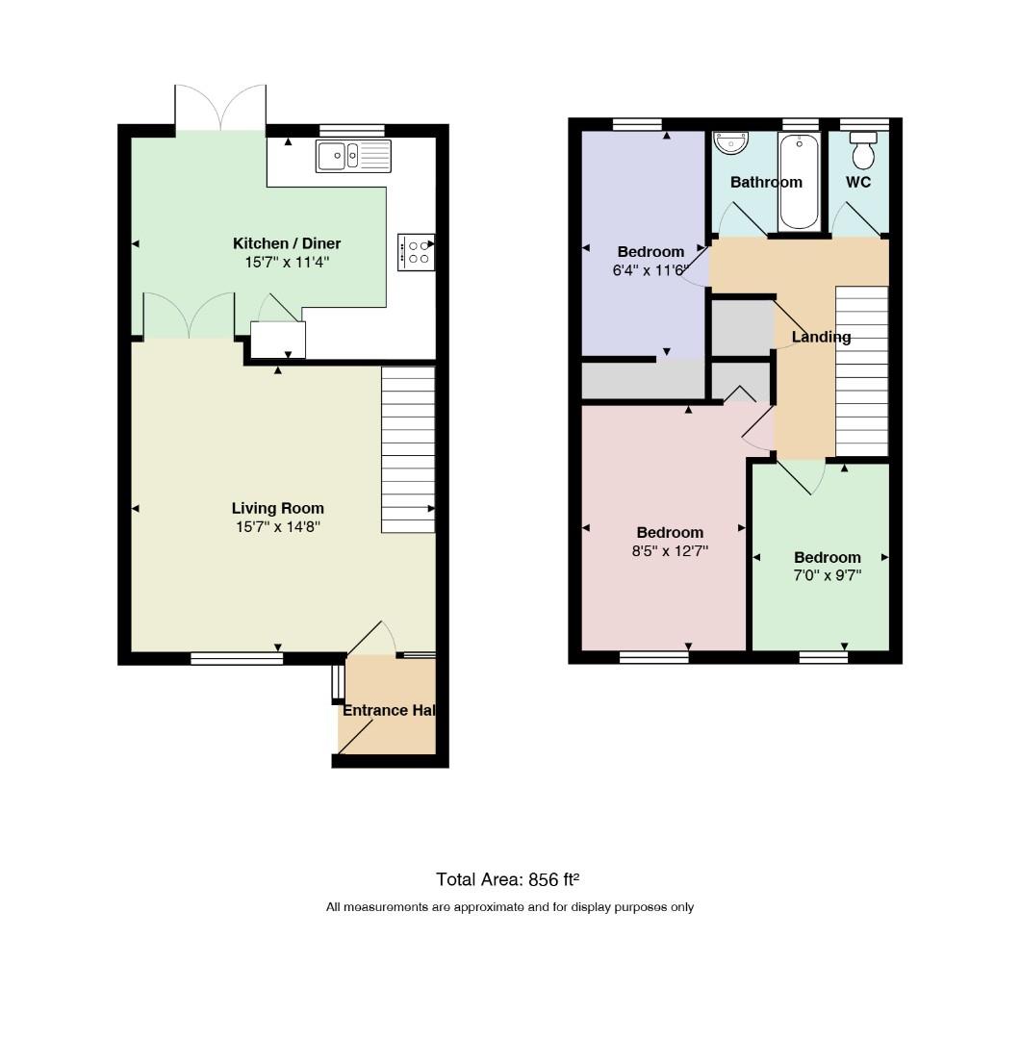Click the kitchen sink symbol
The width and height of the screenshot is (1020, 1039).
pyautogui.click(x=353, y=157)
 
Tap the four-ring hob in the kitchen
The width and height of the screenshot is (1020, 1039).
pyautogui.click(x=417, y=252)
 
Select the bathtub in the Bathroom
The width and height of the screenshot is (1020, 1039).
pyautogui.click(x=800, y=181)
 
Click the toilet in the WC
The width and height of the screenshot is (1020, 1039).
pyautogui.click(x=863, y=150)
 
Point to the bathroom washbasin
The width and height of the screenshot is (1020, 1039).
pyautogui.click(x=730, y=141)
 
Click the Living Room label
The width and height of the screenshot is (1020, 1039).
pyautogui.click(x=278, y=508)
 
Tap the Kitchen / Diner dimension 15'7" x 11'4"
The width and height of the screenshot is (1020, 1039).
pyautogui.click(x=287, y=262)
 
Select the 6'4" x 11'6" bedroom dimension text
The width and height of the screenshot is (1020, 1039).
pyautogui.click(x=650, y=270)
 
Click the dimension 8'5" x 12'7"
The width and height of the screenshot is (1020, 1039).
pyautogui.click(x=670, y=550)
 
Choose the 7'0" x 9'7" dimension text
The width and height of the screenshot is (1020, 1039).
pyautogui.click(x=828, y=575)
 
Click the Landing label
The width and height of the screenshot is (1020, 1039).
pyautogui.click(x=821, y=338)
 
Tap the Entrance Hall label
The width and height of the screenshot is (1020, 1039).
pyautogui.click(x=389, y=710)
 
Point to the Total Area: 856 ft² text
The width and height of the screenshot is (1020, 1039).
pyautogui.click(x=508, y=879)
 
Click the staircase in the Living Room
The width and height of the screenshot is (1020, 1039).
pyautogui.click(x=408, y=450)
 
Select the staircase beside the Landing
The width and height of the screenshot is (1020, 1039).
pyautogui.click(x=861, y=371)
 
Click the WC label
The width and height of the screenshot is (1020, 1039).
pyautogui.click(x=858, y=182)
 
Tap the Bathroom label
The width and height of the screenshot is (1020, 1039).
pyautogui.click(x=766, y=182)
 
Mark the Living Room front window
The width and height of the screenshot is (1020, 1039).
pyautogui.click(x=237, y=658)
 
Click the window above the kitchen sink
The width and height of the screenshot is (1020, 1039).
pyautogui.click(x=352, y=131)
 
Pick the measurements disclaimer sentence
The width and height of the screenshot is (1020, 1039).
pyautogui.click(x=510, y=907)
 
